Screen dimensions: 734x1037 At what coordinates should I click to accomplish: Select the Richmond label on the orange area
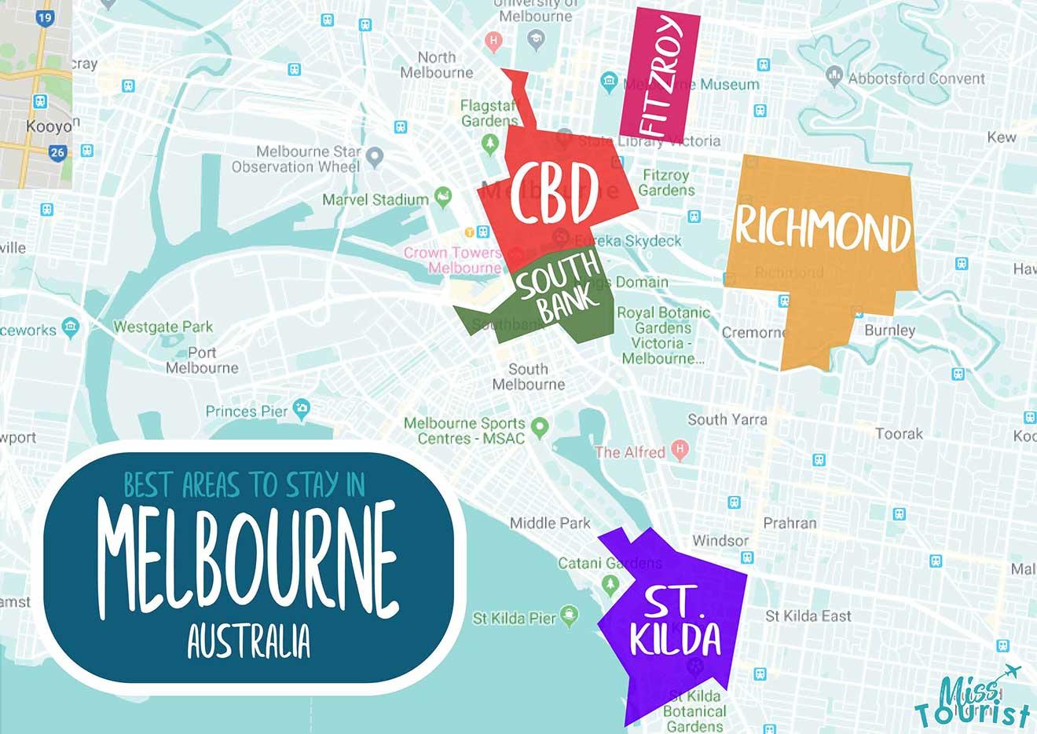(823, 228)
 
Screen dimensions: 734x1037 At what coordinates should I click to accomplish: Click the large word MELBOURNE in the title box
(248, 559)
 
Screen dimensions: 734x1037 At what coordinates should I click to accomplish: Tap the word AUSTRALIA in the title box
(248, 641)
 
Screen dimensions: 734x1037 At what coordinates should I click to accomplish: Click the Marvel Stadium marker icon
(443, 196)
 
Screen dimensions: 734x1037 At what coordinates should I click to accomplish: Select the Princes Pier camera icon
(301, 408)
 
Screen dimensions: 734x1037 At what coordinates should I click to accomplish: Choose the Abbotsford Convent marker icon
(834, 76)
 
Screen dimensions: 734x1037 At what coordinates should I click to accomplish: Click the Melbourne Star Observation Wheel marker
(375, 157)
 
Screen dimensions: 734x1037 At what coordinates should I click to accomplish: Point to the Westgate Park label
(163, 327)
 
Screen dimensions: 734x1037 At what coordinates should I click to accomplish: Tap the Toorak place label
(899, 433)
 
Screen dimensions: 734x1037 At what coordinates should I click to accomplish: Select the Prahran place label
(790, 523)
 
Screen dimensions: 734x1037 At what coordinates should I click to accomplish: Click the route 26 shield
(57, 153)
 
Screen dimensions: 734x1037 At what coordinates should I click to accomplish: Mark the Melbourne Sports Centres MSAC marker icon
(539, 428)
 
